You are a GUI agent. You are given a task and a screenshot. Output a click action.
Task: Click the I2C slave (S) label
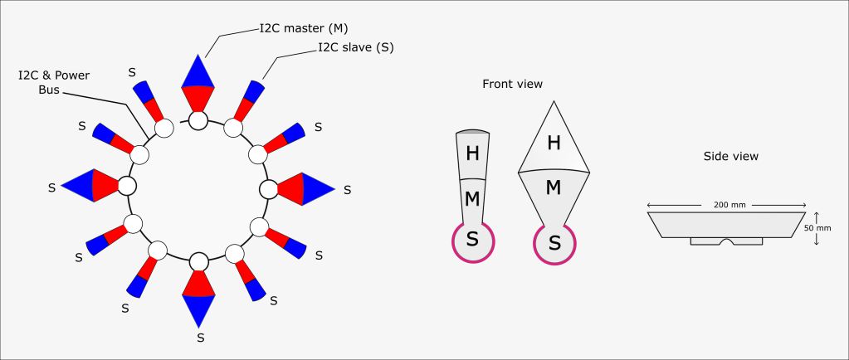click(x=356, y=47)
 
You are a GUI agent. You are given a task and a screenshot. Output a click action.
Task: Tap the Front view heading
click(x=512, y=84)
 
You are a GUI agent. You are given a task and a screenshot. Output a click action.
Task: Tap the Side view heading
click(x=731, y=157)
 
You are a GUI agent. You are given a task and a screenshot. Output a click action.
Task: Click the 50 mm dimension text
click(x=817, y=228)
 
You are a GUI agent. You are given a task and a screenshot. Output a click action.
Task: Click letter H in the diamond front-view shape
click(x=554, y=143)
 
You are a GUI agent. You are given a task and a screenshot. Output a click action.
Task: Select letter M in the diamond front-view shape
click(x=554, y=187)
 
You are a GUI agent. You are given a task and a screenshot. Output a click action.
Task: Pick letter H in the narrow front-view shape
click(x=473, y=154)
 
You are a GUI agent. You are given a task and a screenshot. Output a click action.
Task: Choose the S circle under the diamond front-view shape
click(x=554, y=244)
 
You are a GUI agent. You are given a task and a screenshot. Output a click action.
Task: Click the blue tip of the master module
click(x=198, y=71)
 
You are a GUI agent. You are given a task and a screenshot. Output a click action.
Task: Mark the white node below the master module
click(x=198, y=120)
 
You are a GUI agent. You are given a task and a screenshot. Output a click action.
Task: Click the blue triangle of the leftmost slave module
click(x=78, y=186)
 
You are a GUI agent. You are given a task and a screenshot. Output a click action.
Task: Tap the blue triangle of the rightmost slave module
click(x=318, y=189)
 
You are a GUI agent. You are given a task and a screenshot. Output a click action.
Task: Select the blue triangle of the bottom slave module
click(x=198, y=311)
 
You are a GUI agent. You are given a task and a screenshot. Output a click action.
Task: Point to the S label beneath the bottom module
click(x=200, y=338)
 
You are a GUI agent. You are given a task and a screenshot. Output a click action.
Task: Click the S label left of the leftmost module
click(x=51, y=187)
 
